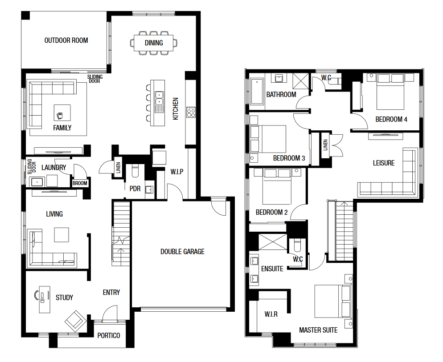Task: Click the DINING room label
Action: [154, 43]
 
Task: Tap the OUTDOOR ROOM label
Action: [66, 40]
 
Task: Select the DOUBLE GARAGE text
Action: [182, 251]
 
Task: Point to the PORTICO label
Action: [109, 335]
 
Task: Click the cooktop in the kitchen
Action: [191, 112]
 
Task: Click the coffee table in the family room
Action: [62, 113]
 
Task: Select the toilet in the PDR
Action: [135, 171]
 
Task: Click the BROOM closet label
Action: [80, 183]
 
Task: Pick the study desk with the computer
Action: [45, 299]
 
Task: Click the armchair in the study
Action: [75, 322]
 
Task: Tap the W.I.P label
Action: [177, 172]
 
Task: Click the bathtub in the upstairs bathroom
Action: [257, 91]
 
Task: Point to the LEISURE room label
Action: [384, 163]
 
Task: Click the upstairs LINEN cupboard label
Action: [325, 145]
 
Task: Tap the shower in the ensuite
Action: [272, 241]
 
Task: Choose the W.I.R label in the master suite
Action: [271, 314]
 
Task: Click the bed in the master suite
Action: [333, 302]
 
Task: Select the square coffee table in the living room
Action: [62, 235]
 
